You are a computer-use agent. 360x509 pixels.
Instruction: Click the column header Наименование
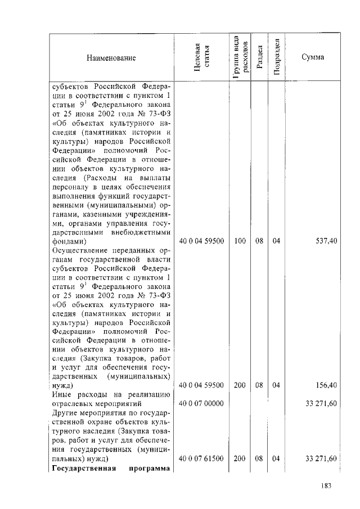pos(111,58)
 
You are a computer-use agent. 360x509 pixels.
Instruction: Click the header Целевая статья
pos(201,58)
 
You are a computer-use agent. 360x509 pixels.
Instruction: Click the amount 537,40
pos(326,241)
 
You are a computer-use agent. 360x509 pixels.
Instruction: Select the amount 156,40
pos(326,385)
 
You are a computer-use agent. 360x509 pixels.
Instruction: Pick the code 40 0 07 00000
pos(201,404)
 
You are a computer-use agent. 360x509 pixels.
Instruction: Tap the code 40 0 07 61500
pos(201,459)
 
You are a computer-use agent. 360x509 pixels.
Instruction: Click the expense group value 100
pos(240,241)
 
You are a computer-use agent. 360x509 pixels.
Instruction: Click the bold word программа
pos(151,469)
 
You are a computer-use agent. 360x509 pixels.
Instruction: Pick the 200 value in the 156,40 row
pos(240,385)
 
